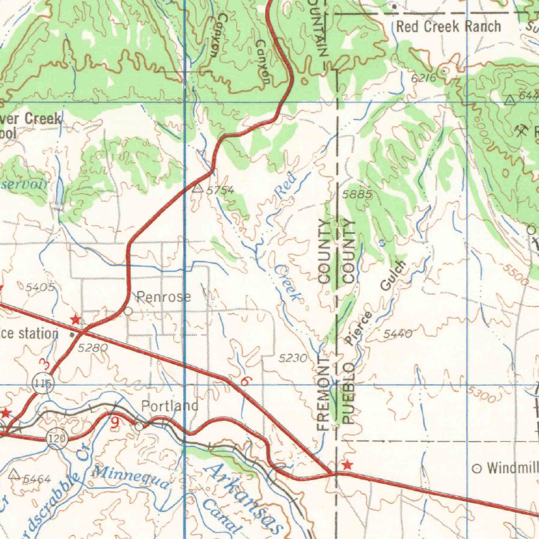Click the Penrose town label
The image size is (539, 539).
164,297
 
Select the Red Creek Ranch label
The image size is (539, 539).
448,27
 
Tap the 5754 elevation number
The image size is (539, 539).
219,190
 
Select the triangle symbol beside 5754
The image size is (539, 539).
198,188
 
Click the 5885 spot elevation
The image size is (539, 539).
357,195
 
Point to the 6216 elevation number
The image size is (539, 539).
424,78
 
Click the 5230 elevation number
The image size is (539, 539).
293,358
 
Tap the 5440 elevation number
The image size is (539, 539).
397,333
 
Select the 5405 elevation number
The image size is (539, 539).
39,287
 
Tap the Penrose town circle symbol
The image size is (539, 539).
128,311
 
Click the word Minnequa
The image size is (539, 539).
131,475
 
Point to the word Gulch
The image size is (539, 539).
394,275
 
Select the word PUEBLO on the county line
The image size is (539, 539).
348,393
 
